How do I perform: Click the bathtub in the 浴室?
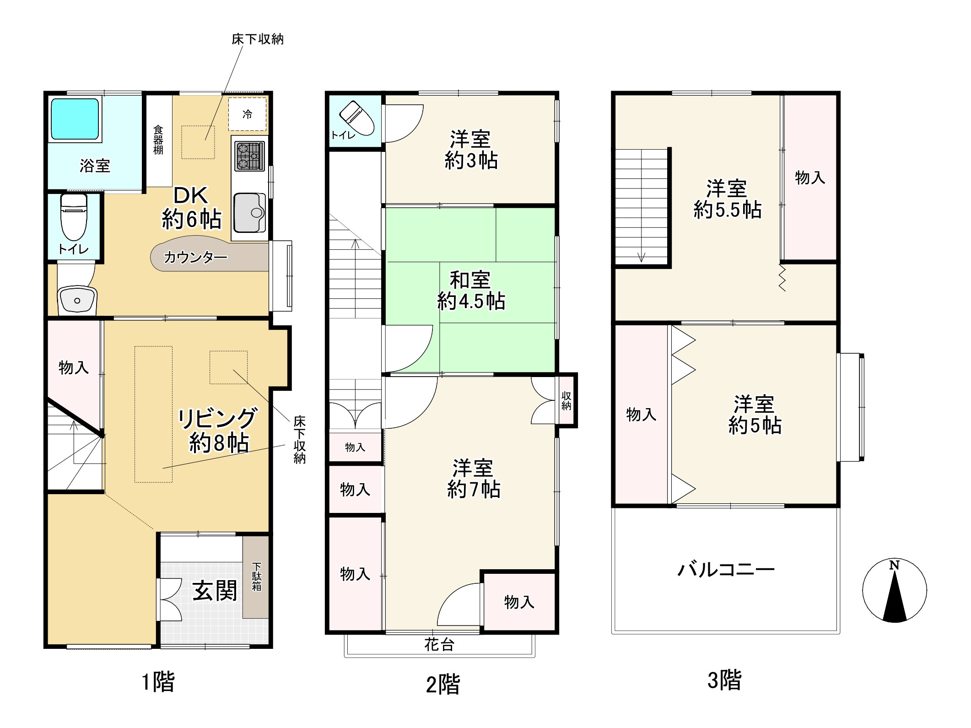(x=75, y=119)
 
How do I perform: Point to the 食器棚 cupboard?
(x=158, y=140)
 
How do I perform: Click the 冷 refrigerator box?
(x=247, y=114)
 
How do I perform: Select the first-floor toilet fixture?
(x=74, y=217)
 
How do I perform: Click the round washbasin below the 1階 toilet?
(x=77, y=300)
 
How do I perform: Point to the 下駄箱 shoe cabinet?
(x=256, y=577)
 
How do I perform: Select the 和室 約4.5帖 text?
(x=471, y=291)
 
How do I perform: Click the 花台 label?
(x=439, y=645)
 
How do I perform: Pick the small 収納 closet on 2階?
(x=566, y=400)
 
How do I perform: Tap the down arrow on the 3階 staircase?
(x=641, y=256)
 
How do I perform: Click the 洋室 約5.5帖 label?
(x=727, y=200)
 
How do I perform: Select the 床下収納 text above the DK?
(x=257, y=39)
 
